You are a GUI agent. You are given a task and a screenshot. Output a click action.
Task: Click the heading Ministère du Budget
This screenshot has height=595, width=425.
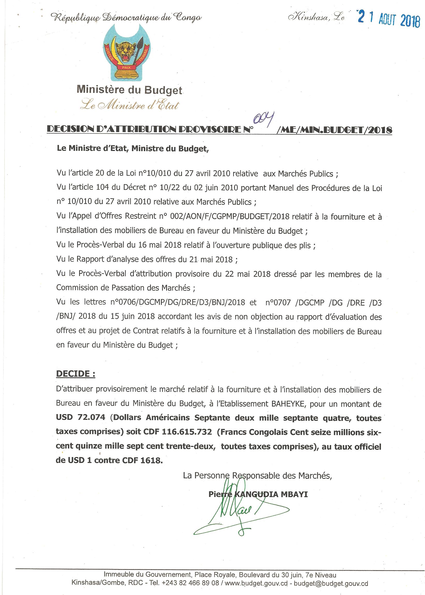(129, 90)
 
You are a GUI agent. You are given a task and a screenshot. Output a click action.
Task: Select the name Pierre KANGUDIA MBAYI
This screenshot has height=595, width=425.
(258, 494)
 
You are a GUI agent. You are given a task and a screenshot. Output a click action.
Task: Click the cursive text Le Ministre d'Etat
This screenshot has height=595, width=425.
(130, 105)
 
